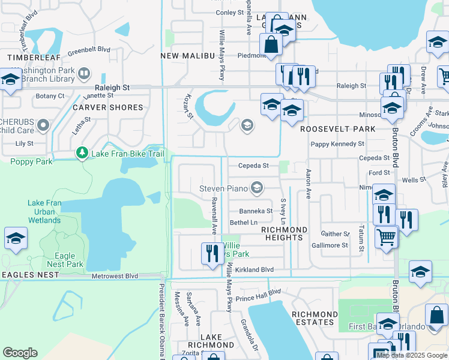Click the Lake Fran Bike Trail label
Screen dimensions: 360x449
[127, 154]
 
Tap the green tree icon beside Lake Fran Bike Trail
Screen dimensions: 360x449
[82, 154]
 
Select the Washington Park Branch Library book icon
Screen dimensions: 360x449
[83, 74]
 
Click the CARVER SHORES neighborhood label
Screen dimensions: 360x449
[108, 107]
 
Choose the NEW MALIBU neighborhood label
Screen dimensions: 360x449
[188, 56]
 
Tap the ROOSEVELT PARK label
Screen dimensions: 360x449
[338, 129]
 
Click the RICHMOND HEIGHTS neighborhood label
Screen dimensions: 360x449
[283, 233]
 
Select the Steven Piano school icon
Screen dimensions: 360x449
[257, 188]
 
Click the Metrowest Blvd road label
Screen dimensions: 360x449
[115, 276]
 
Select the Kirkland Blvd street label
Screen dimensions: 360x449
[254, 270]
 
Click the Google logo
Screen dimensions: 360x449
[20, 353]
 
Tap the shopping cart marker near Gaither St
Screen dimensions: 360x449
[386, 236]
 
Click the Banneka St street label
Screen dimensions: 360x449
[256, 211]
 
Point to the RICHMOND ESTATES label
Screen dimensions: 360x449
[315, 318]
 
